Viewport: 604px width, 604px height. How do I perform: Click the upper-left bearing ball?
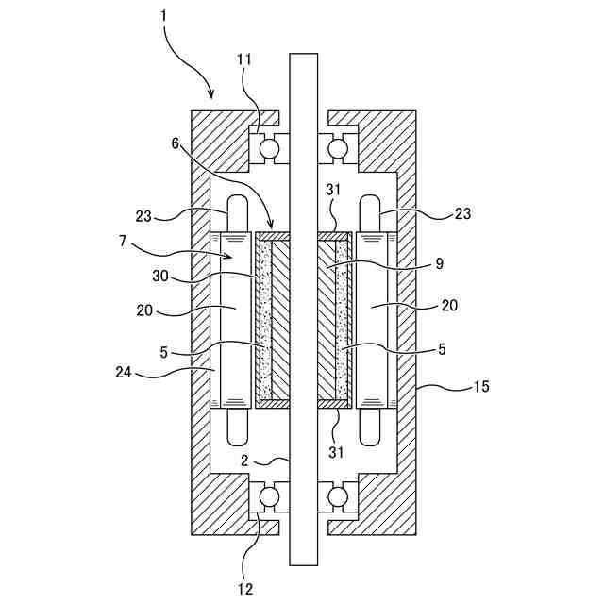(270, 148)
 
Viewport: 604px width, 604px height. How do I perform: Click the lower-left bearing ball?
(270, 495)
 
